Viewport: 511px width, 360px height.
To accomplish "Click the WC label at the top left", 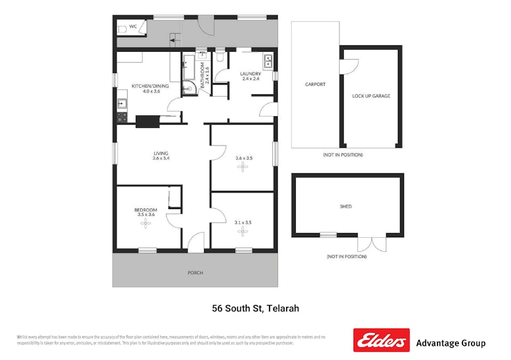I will [x=133, y=26].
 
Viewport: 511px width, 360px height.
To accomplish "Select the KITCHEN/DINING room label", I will [x=150, y=89].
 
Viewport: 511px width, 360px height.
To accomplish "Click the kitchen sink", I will [x=121, y=103].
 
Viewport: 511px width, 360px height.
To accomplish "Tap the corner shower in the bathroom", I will [x=188, y=89].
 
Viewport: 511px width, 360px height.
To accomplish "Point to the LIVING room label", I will [x=160, y=156].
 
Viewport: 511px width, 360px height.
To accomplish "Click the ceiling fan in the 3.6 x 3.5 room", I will [x=243, y=167].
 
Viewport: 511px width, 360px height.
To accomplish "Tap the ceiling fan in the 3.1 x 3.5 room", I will [x=243, y=231].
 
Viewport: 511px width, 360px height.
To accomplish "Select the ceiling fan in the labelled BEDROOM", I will [x=145, y=224].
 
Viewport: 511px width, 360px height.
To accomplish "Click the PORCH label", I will [x=195, y=273].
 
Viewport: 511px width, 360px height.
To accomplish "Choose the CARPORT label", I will [x=315, y=84].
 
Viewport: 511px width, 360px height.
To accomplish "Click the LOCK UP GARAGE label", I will [x=371, y=96].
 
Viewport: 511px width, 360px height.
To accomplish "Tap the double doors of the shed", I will [x=371, y=243].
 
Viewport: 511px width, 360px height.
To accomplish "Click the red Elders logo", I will [x=381, y=340].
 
